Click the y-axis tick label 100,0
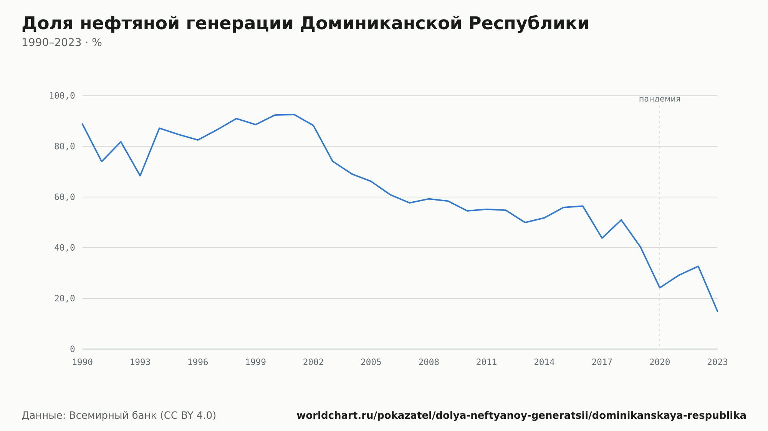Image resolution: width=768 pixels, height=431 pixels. click(x=62, y=96)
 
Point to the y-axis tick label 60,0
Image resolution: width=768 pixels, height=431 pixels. click(x=65, y=197)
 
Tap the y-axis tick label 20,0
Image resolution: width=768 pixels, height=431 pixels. click(x=65, y=298)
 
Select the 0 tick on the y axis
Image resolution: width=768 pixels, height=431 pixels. click(x=72, y=349)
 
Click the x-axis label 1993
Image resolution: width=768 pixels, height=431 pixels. click(x=140, y=362)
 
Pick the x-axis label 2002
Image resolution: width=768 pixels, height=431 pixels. click(x=313, y=362)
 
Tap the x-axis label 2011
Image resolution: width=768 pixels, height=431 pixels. click(x=487, y=362)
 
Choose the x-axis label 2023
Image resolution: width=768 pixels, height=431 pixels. click(x=717, y=362)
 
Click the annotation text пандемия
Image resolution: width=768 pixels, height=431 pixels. click(x=660, y=99)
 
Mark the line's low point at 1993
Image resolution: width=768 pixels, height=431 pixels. click(x=140, y=176)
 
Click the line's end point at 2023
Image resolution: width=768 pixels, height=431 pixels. click(x=717, y=311)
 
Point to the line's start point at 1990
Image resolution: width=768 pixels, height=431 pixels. click(x=83, y=124)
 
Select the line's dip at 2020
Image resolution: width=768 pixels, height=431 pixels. click(x=660, y=288)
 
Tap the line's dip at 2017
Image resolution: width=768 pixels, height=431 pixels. click(x=602, y=238)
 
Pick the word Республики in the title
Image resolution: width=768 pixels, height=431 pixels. click(x=529, y=24)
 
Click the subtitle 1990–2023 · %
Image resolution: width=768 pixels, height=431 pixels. click(x=62, y=43)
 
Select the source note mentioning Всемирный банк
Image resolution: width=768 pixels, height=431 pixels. click(x=119, y=415)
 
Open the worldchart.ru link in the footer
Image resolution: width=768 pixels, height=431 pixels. click(x=521, y=415)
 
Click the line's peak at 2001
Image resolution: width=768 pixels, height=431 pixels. click(x=294, y=115)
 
